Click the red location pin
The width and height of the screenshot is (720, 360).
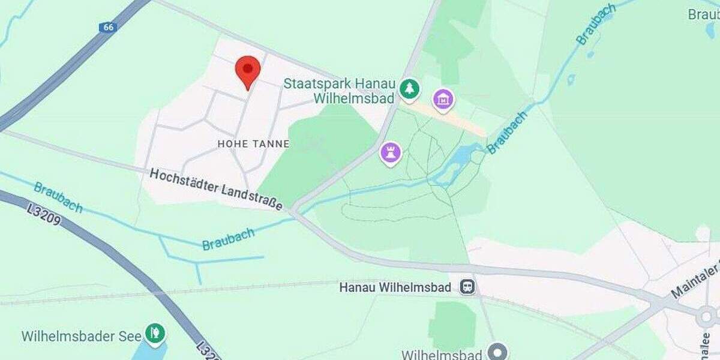coord(247,71)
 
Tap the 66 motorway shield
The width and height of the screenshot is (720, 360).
coord(107,28)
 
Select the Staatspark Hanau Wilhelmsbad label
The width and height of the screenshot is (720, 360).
coord(338,91)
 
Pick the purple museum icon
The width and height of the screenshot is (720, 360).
coord(443,100)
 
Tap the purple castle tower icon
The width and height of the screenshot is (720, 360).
coord(391,152)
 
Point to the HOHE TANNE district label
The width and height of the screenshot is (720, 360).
coord(253,144)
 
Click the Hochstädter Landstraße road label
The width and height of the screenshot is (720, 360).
coord(216,189)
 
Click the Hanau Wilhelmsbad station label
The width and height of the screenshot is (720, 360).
coord(395,287)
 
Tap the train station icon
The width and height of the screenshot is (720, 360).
coord(467,287)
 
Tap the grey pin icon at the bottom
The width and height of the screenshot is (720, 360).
coord(497,352)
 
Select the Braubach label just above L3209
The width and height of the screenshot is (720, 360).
coord(58,197)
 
